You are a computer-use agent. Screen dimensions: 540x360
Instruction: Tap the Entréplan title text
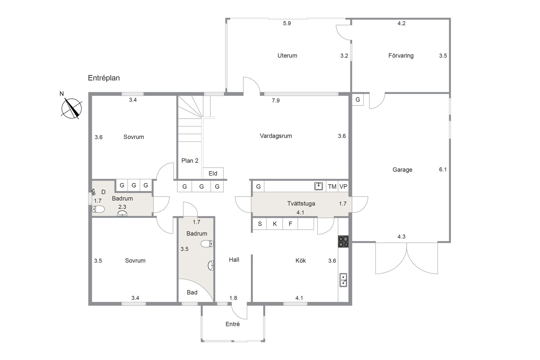pyautogui.click(x=104, y=78)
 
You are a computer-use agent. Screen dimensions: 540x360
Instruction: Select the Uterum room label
pyautogui.click(x=287, y=56)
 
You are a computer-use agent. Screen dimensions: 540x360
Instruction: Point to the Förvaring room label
pyautogui.click(x=401, y=56)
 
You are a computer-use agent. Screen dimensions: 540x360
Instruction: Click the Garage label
pyautogui.click(x=402, y=170)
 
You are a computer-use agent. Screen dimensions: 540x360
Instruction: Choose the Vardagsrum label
pyautogui.click(x=276, y=136)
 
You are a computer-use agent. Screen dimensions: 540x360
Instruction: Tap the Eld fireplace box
pyautogui.click(x=213, y=174)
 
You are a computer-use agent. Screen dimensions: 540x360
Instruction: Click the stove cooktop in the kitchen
pyautogui.click(x=343, y=241)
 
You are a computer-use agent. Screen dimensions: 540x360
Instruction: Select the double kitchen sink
pyautogui.click(x=343, y=280)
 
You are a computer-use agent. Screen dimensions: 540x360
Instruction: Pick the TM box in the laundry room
pyautogui.click(x=332, y=186)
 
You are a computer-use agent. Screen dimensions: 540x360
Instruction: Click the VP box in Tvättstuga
pyautogui.click(x=343, y=186)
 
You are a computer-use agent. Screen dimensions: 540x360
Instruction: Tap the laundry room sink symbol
pyautogui.click(x=318, y=186)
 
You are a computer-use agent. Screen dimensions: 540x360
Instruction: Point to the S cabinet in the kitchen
pyautogui.click(x=260, y=224)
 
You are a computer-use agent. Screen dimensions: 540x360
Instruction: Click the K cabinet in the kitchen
pyautogui.click(x=274, y=224)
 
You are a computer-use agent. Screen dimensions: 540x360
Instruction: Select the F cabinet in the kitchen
pyautogui.click(x=290, y=224)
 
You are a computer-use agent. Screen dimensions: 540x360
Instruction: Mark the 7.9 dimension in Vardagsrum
pyautogui.click(x=276, y=100)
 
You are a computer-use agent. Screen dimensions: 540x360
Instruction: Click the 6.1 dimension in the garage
pyautogui.click(x=443, y=169)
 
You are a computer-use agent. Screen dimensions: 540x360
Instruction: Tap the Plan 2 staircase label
pyautogui.click(x=190, y=161)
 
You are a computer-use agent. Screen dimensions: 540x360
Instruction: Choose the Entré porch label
pyautogui.click(x=233, y=324)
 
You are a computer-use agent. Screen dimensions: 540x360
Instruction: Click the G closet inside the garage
pyautogui.click(x=358, y=100)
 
